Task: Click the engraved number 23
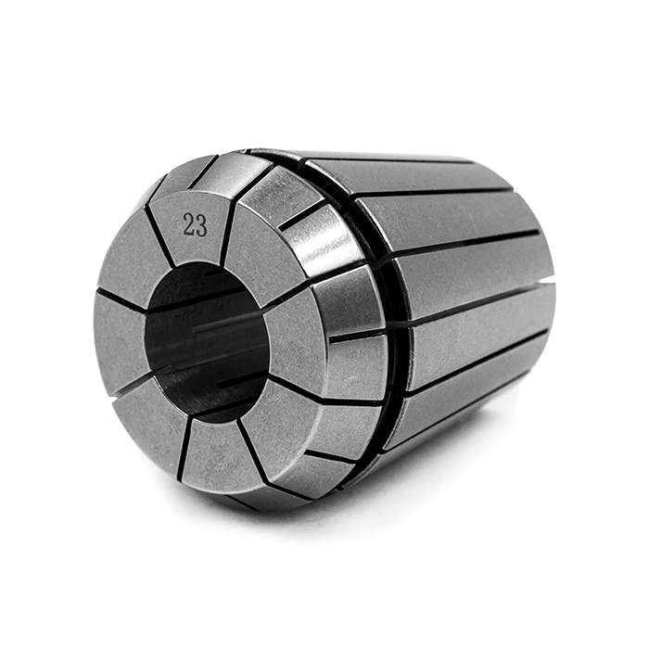click(x=195, y=224)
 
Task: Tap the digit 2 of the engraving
click(x=189, y=224)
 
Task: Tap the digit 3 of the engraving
click(x=201, y=224)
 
